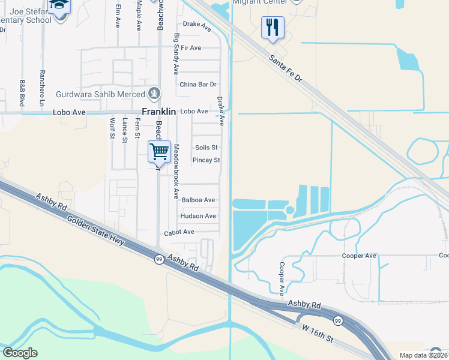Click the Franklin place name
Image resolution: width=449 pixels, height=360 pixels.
point(158,111)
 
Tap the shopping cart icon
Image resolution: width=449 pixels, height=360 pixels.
point(159,151)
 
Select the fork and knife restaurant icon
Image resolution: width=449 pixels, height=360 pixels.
point(273,28)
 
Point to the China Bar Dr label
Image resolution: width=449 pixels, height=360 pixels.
point(197,84)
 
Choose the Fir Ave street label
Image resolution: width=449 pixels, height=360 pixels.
point(191,47)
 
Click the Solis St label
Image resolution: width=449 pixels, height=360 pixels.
point(206,147)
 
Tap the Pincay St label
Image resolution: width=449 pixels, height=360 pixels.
point(206,160)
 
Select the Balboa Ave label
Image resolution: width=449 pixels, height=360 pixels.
point(197,200)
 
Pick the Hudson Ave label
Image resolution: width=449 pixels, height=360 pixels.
point(197,216)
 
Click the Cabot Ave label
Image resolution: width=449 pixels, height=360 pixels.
point(179,232)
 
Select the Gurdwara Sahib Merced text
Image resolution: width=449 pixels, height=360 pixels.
point(100,94)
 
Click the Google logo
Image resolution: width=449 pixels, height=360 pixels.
point(20,353)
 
